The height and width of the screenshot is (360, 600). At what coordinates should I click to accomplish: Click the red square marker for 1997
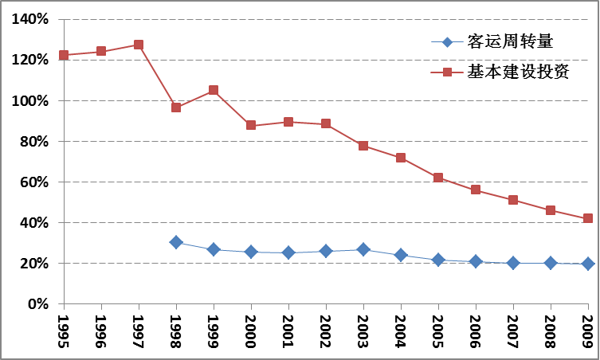139,45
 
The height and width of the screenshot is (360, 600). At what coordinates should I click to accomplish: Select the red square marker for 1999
214,91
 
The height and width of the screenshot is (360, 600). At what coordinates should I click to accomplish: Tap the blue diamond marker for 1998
176,242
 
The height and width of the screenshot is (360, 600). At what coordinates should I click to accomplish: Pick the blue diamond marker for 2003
363,250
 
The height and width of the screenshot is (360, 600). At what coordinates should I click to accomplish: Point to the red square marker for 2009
588,218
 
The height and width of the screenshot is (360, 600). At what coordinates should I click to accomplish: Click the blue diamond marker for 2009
588,264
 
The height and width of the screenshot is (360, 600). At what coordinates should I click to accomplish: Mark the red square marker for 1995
64,55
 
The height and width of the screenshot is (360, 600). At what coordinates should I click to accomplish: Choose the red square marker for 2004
401,158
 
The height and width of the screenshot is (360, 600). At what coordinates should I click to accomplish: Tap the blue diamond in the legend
447,42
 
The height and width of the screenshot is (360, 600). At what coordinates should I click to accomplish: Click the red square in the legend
447,72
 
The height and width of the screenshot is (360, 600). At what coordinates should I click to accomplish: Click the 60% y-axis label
34,182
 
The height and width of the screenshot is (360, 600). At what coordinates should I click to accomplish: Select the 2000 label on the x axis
252,327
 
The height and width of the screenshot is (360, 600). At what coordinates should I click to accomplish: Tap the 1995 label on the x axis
65,327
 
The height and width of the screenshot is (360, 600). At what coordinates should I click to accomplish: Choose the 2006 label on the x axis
476,327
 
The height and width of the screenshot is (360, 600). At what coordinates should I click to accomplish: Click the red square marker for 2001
288,122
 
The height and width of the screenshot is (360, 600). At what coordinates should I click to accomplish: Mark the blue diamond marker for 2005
438,260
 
